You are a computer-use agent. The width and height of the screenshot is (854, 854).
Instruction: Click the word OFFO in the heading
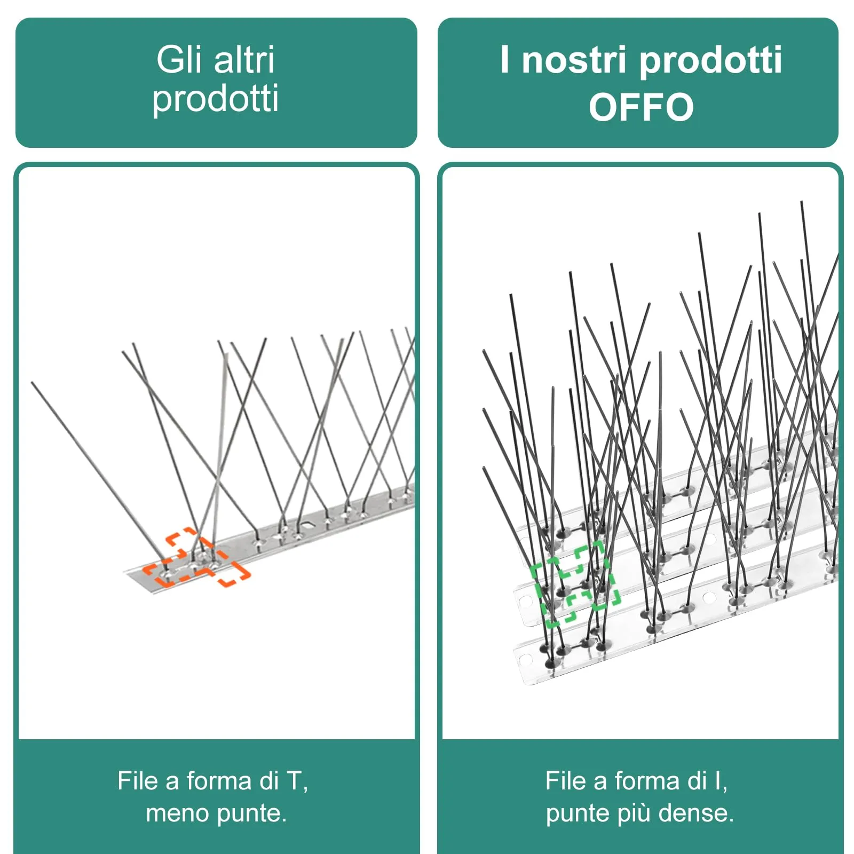tap(641, 107)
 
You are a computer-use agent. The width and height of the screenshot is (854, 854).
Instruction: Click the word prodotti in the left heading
tap(215, 99)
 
